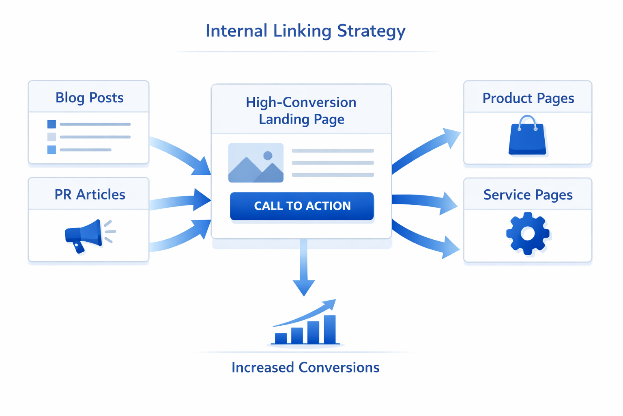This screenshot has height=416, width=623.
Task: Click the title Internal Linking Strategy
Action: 305,31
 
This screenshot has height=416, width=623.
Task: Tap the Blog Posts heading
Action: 89,97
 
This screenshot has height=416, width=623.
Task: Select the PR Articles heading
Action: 90,195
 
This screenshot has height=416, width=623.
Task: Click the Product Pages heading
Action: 528,98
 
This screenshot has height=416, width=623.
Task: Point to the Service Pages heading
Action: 528,195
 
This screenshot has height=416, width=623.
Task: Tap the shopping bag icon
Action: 527,138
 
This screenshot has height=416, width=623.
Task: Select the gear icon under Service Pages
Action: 528,234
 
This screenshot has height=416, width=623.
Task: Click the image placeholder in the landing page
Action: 256,163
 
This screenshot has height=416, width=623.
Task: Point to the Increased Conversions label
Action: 305,367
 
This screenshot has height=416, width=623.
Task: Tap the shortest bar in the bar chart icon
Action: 281,338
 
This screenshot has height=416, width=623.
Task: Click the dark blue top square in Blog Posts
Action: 52,124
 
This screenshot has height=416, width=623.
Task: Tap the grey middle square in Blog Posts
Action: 52,137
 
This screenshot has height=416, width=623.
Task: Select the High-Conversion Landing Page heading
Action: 301,110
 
